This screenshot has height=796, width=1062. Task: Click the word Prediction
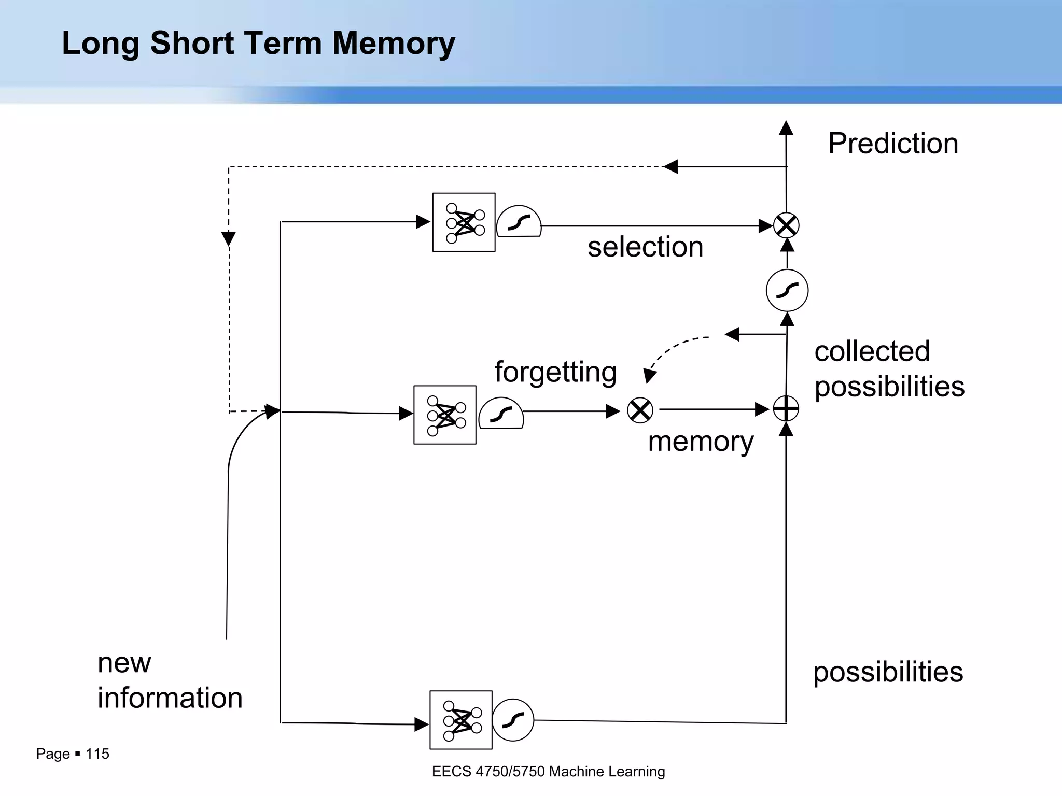[893, 144]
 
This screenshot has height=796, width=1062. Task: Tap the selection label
[645, 247]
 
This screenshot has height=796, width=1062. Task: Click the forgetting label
[555, 372]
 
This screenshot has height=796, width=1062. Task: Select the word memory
[701, 442]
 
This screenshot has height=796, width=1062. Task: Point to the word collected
[872, 351]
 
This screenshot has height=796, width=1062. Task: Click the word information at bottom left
[170, 698]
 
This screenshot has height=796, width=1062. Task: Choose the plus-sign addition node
[786, 409]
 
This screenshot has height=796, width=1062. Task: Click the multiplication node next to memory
[640, 410]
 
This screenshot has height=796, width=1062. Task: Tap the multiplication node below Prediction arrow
[786, 225]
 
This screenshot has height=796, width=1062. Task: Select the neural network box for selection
[464, 222]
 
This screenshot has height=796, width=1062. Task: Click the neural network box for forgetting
[445, 415]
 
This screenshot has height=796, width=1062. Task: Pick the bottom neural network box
[460, 720]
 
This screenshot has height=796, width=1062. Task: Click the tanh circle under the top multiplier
[787, 290]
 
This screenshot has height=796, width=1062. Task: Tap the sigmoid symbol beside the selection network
[519, 222]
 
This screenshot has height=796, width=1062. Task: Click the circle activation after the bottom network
[513, 720]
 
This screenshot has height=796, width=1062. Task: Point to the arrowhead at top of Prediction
[786, 127]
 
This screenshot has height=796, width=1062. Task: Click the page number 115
[97, 754]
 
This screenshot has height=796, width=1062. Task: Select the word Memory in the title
[394, 43]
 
